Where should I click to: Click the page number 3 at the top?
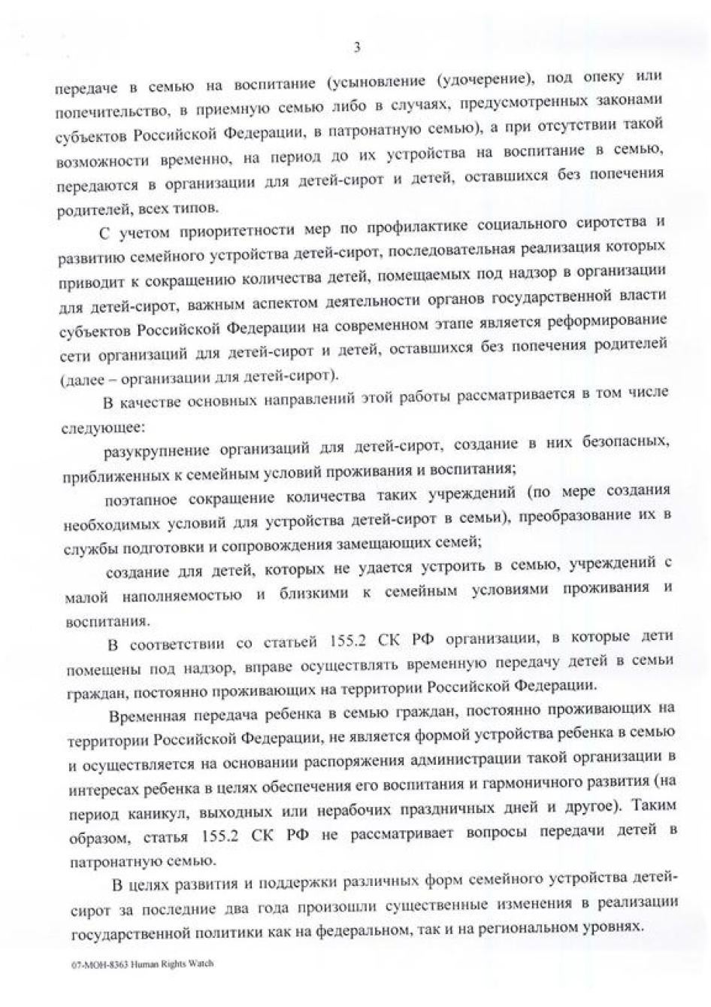[x=357, y=47]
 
